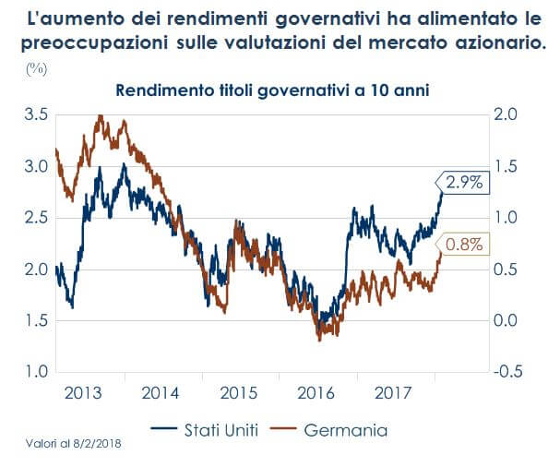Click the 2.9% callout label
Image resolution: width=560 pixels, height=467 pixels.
pyautogui.click(x=464, y=183)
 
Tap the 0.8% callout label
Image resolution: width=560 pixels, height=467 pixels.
pyautogui.click(x=464, y=245)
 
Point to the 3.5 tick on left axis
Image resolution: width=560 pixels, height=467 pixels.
pyautogui.click(x=34, y=115)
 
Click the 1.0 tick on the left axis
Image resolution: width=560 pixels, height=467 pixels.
pyautogui.click(x=34, y=372)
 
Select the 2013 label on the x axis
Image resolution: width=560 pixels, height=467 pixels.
pyautogui.click(x=84, y=391)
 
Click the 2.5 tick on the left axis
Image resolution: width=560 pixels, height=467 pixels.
pyautogui.click(x=34, y=218)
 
